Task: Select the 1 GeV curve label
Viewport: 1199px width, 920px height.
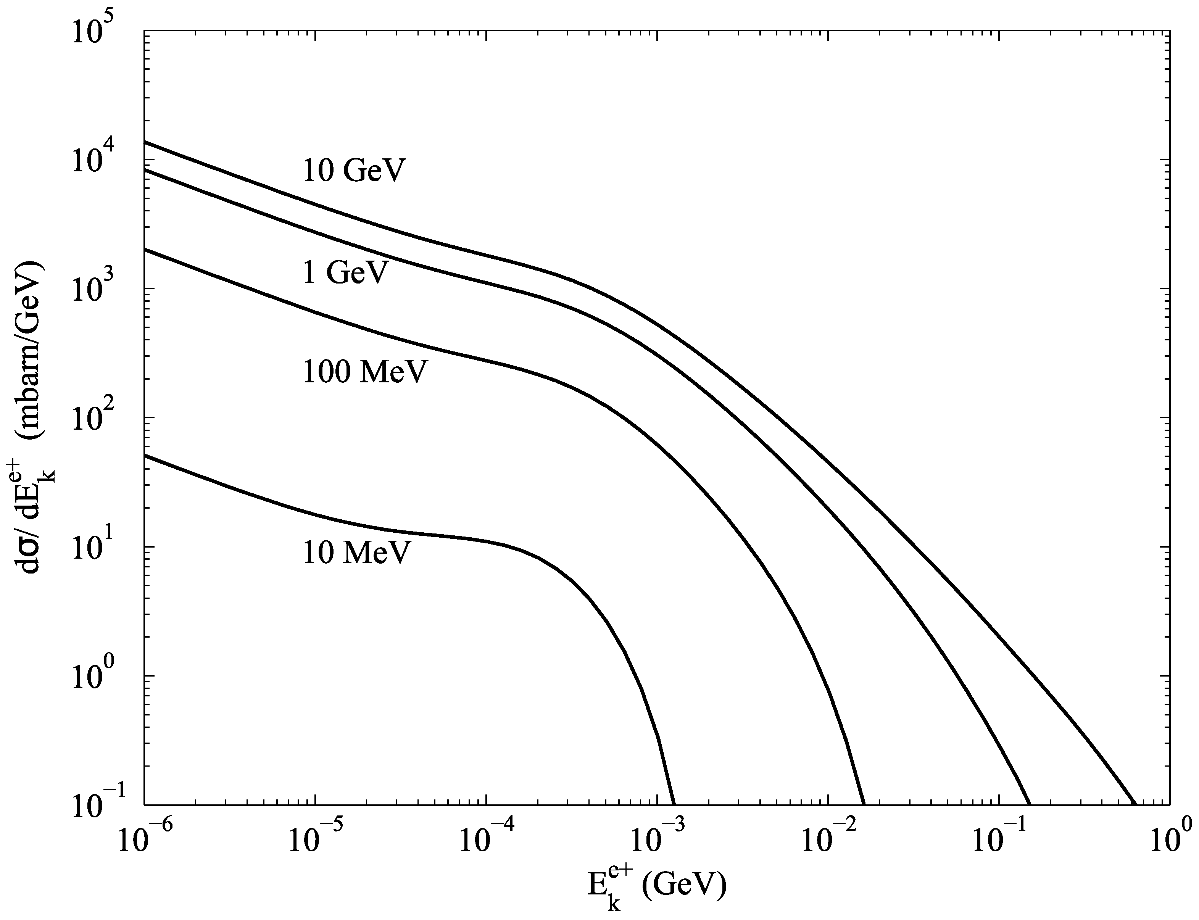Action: click(345, 272)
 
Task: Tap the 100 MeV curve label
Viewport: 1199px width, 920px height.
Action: click(364, 372)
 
